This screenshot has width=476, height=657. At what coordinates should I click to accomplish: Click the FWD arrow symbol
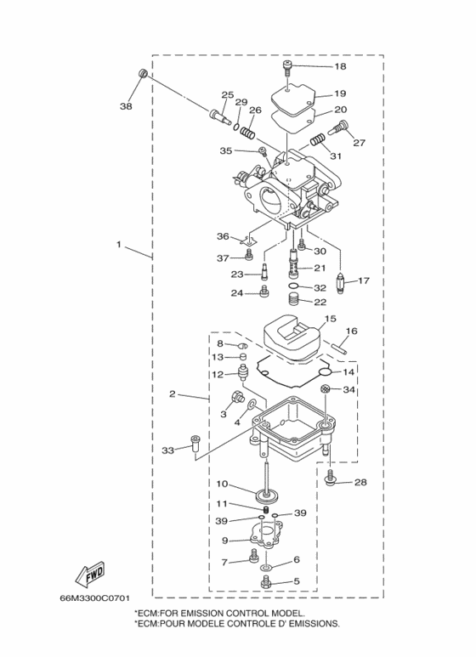point(89,575)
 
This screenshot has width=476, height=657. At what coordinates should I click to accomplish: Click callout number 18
point(341,66)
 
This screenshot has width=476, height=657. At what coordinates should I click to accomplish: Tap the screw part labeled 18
point(287,68)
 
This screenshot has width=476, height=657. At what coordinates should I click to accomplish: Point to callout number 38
point(126,106)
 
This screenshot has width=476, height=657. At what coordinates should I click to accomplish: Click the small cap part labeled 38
point(143,74)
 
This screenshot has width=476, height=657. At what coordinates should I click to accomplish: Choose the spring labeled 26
point(248,133)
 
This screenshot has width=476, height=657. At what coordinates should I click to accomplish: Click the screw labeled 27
point(337,127)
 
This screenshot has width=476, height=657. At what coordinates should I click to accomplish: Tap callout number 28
point(360,482)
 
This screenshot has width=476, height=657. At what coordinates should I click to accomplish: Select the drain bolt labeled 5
point(265,582)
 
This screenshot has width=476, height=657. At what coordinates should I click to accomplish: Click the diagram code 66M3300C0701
point(94,598)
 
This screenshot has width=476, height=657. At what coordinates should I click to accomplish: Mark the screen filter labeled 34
point(325,388)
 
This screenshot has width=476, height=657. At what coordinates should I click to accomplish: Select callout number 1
point(119,244)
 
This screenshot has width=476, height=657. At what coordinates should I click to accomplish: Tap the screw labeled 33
point(195,444)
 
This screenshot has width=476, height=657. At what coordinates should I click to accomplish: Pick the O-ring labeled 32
point(294,286)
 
